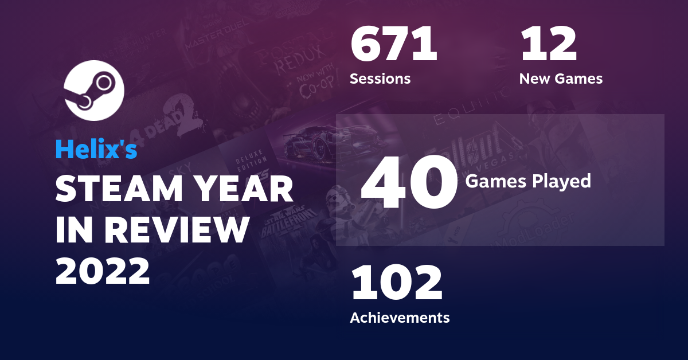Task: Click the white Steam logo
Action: [x=94, y=91]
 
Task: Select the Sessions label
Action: [x=380, y=79]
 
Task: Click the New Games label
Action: [x=561, y=79]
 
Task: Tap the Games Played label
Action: [x=527, y=181]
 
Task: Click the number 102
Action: [x=396, y=284]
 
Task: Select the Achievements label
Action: [x=400, y=317]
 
